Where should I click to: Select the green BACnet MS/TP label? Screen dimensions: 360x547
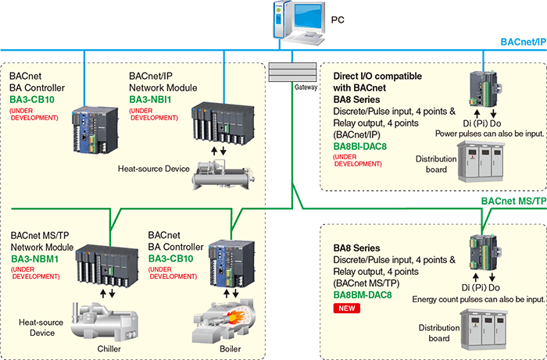(x=513, y=201)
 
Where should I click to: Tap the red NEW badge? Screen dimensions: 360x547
(x=346, y=309)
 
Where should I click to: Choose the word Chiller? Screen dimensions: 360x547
(x=109, y=348)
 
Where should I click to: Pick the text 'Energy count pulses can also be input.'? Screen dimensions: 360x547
(x=477, y=299)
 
